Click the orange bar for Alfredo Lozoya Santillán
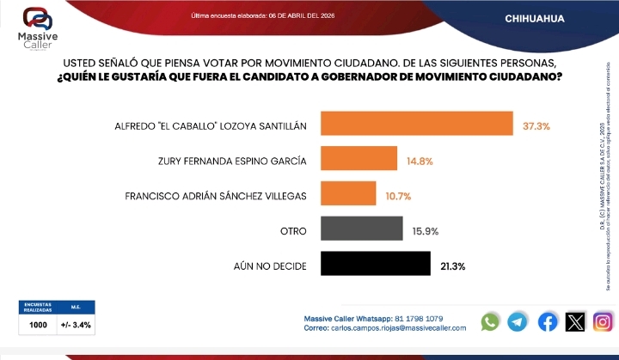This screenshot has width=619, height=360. (x=416, y=124)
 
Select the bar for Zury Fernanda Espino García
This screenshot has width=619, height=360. (x=359, y=159)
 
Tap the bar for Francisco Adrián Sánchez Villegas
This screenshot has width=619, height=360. (x=347, y=194)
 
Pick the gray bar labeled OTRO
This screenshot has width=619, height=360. (x=361, y=229)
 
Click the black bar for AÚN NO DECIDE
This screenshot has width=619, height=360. (x=375, y=264)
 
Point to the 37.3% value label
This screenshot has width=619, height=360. (x=536, y=125)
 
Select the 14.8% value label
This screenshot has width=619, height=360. (x=419, y=160)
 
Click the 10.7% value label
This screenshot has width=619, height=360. (x=398, y=195)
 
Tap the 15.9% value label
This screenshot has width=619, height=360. (x=424, y=230)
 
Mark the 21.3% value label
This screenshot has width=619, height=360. (x=452, y=265)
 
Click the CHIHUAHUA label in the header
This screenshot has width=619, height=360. (x=535, y=18)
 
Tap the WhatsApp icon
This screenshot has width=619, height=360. (x=490, y=321)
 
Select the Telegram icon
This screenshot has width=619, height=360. (x=518, y=321)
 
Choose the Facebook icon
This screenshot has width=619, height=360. (x=547, y=321)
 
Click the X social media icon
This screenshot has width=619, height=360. (x=575, y=321)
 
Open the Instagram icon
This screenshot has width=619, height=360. (x=604, y=321)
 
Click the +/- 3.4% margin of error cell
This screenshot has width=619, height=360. (x=76, y=325)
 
